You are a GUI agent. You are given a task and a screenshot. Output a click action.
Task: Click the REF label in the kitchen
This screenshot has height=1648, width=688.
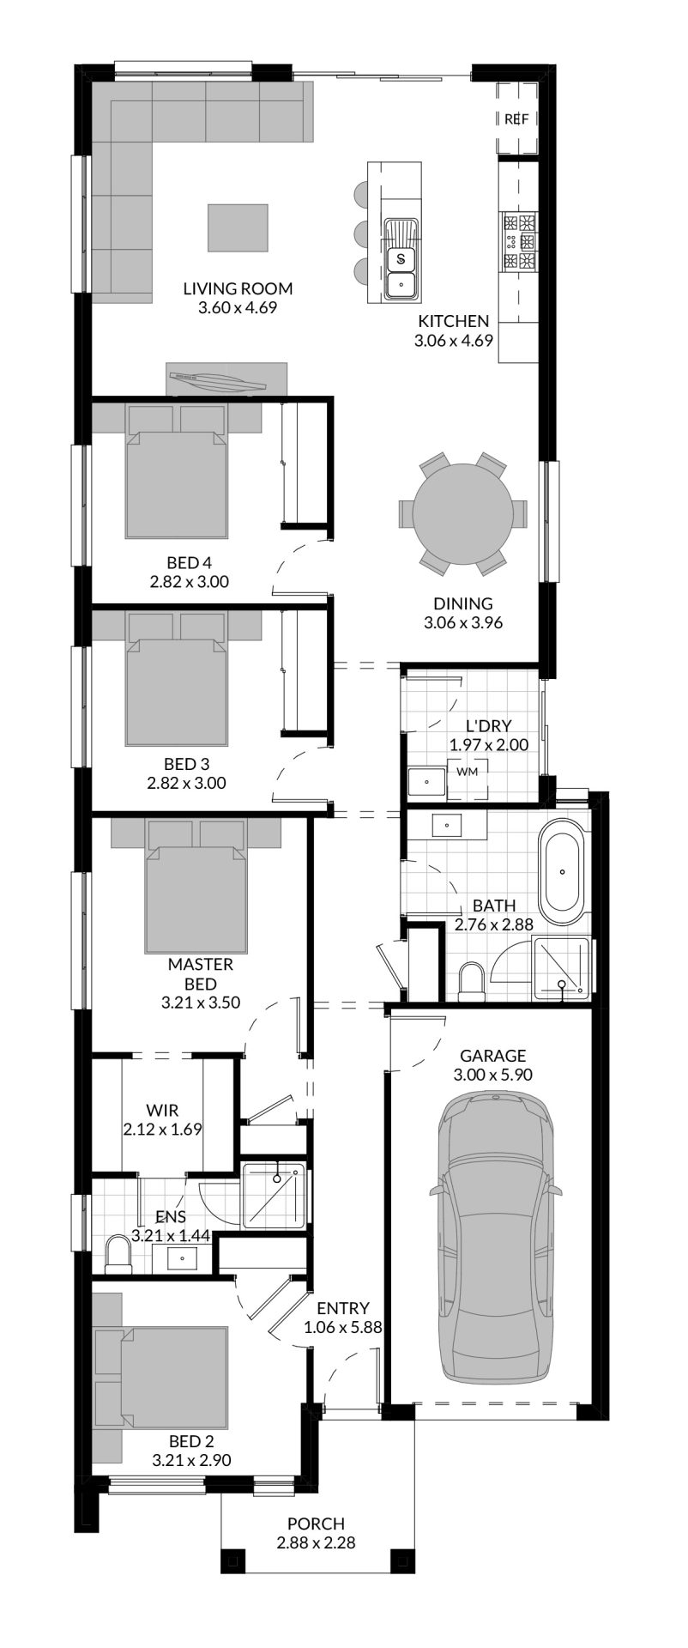click(x=516, y=119)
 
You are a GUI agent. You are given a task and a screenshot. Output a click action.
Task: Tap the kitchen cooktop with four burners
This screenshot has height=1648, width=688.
click(x=520, y=242)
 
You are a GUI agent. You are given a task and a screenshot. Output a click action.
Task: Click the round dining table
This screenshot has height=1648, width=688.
click(x=462, y=514)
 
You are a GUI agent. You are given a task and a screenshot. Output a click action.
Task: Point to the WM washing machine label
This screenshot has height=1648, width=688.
click(x=467, y=771)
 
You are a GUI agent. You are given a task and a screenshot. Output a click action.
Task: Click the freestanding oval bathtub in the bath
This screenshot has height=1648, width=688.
click(x=564, y=871)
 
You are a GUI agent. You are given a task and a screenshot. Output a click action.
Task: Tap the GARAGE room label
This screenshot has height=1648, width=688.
click(x=492, y=1056)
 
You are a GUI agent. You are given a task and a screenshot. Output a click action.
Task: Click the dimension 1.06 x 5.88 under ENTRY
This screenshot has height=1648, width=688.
click(x=342, y=1327)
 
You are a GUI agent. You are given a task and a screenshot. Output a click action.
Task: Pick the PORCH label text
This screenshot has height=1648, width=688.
click(x=316, y=1524)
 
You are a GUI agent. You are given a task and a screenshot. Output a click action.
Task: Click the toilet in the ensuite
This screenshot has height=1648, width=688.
click(x=118, y=1255)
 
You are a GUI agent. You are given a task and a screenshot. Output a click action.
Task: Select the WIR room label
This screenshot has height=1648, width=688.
click(x=162, y=1111)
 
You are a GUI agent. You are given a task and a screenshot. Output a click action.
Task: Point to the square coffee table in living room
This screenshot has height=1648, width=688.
click(x=238, y=227)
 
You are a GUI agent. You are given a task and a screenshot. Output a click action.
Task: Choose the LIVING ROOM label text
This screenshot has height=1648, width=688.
click(x=238, y=288)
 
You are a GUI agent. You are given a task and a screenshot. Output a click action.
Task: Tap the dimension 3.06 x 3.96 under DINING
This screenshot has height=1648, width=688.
click(x=462, y=622)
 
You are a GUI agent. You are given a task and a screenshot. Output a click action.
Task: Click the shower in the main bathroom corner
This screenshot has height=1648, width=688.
click(x=562, y=968)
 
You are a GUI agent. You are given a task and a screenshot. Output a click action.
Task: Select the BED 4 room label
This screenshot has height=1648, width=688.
click(x=189, y=563)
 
